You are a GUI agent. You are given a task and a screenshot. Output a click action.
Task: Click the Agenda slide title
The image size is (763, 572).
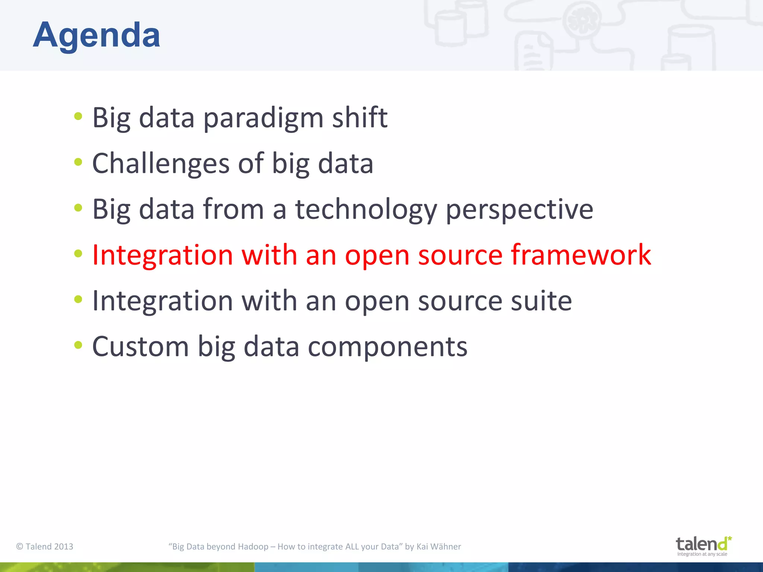click(x=96, y=35)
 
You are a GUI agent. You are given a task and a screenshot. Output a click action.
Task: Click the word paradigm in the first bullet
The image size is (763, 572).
click(x=263, y=118)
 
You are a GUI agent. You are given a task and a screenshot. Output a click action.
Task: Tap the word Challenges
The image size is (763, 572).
click(x=161, y=164)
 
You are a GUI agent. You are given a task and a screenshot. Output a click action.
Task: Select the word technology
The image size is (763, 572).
click(x=366, y=210)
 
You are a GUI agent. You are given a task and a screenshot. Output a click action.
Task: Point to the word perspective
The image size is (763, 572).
click(x=519, y=210)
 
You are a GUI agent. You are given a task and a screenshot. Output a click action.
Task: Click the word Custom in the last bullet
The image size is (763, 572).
click(x=140, y=347)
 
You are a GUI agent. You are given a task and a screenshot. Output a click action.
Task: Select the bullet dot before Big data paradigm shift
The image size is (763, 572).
click(x=78, y=116)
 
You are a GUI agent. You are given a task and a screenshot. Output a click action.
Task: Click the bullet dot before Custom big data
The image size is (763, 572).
click(x=78, y=345)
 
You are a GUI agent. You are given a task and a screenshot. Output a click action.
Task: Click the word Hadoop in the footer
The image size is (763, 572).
click(x=253, y=546)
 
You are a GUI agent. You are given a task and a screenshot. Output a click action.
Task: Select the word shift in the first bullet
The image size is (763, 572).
click(x=360, y=117)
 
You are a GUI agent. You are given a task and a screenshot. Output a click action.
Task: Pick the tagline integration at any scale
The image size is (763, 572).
click(x=702, y=554)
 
